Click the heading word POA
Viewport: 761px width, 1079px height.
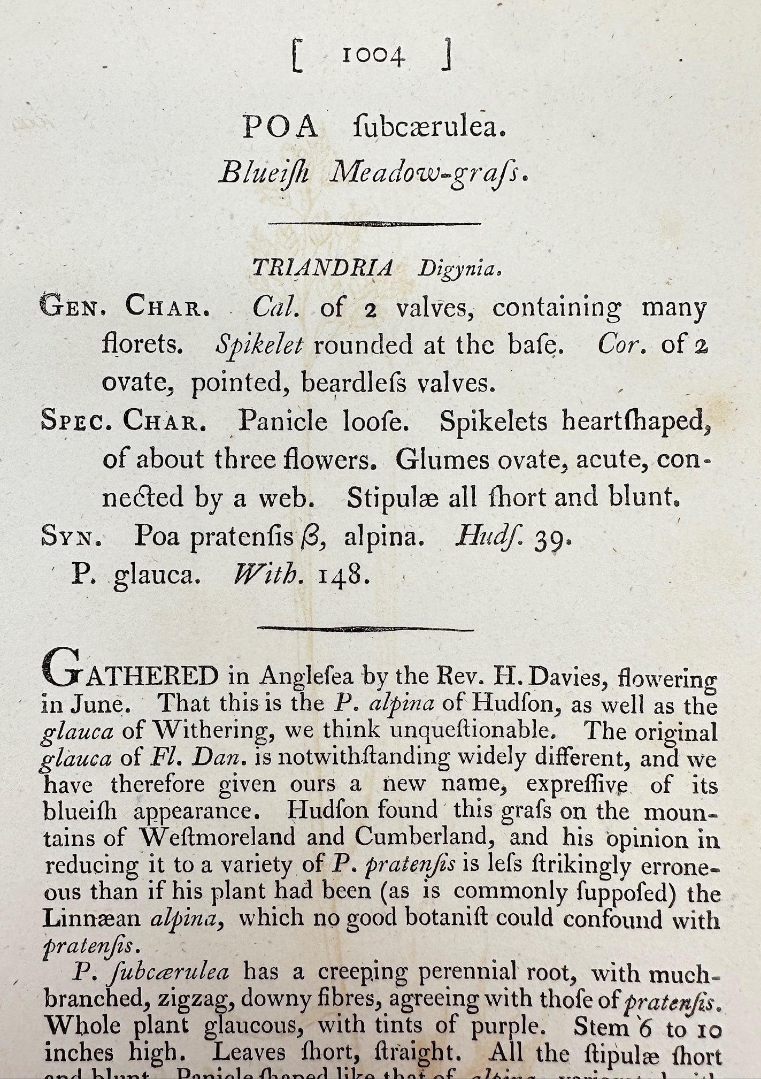click(x=281, y=128)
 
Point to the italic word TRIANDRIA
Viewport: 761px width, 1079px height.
click(x=322, y=267)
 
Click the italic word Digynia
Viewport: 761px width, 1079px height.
click(x=459, y=269)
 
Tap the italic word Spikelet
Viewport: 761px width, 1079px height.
click(x=259, y=346)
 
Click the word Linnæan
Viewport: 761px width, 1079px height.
click(x=91, y=918)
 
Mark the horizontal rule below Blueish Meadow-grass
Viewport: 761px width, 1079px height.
click(x=374, y=224)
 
